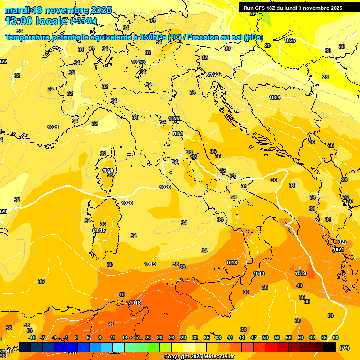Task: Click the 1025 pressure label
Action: click(290, 41)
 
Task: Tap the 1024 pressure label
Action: click(275, 97)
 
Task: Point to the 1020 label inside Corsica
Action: click(108, 171)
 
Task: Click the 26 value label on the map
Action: click(253, 14)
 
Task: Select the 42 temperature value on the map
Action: click(111, 324)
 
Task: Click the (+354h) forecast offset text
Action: click(83, 21)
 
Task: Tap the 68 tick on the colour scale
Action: click(336, 337)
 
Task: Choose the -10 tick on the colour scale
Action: click(32, 337)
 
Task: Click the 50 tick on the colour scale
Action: click(265, 337)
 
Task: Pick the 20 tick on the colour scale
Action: click(148, 337)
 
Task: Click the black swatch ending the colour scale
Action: click(330, 347)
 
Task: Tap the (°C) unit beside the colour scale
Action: click(344, 348)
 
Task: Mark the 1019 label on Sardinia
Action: click(100, 230)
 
